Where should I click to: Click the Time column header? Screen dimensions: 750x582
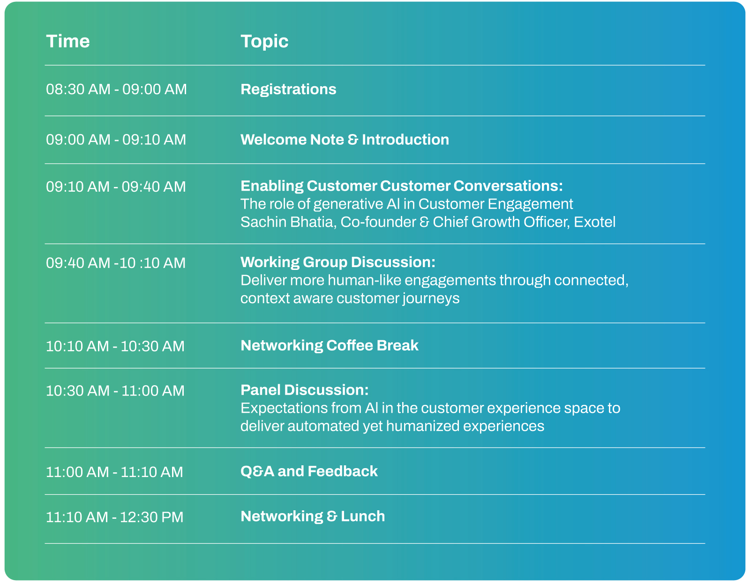[68, 41]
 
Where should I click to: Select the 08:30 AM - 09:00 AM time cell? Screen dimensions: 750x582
[116, 90]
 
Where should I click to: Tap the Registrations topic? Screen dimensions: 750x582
[288, 90]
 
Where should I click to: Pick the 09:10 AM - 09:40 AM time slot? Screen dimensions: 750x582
[116, 187]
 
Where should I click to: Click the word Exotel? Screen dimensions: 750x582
[594, 222]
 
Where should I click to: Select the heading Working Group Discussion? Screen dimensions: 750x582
[338, 262]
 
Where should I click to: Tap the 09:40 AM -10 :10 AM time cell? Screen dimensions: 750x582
[116, 263]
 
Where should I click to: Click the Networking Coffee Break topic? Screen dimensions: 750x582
[329, 346]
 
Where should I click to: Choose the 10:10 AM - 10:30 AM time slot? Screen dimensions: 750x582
[115, 346]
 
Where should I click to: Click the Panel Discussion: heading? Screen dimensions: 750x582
[304, 390]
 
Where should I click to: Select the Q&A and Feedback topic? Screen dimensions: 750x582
[309, 471]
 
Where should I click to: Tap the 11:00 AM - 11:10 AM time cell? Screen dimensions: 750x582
[114, 472]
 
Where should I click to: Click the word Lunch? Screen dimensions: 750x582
[363, 516]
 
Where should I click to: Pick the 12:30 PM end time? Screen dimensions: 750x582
[151, 517]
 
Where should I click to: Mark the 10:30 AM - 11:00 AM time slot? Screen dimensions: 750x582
[115, 391]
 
